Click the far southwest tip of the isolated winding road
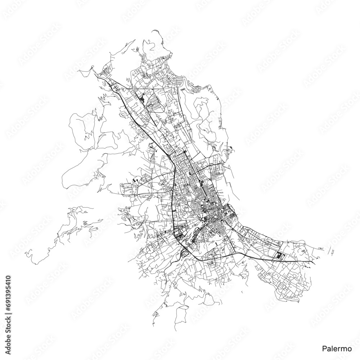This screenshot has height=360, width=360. (x=32, y=262)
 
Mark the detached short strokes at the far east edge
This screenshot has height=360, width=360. (x=333, y=251)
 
